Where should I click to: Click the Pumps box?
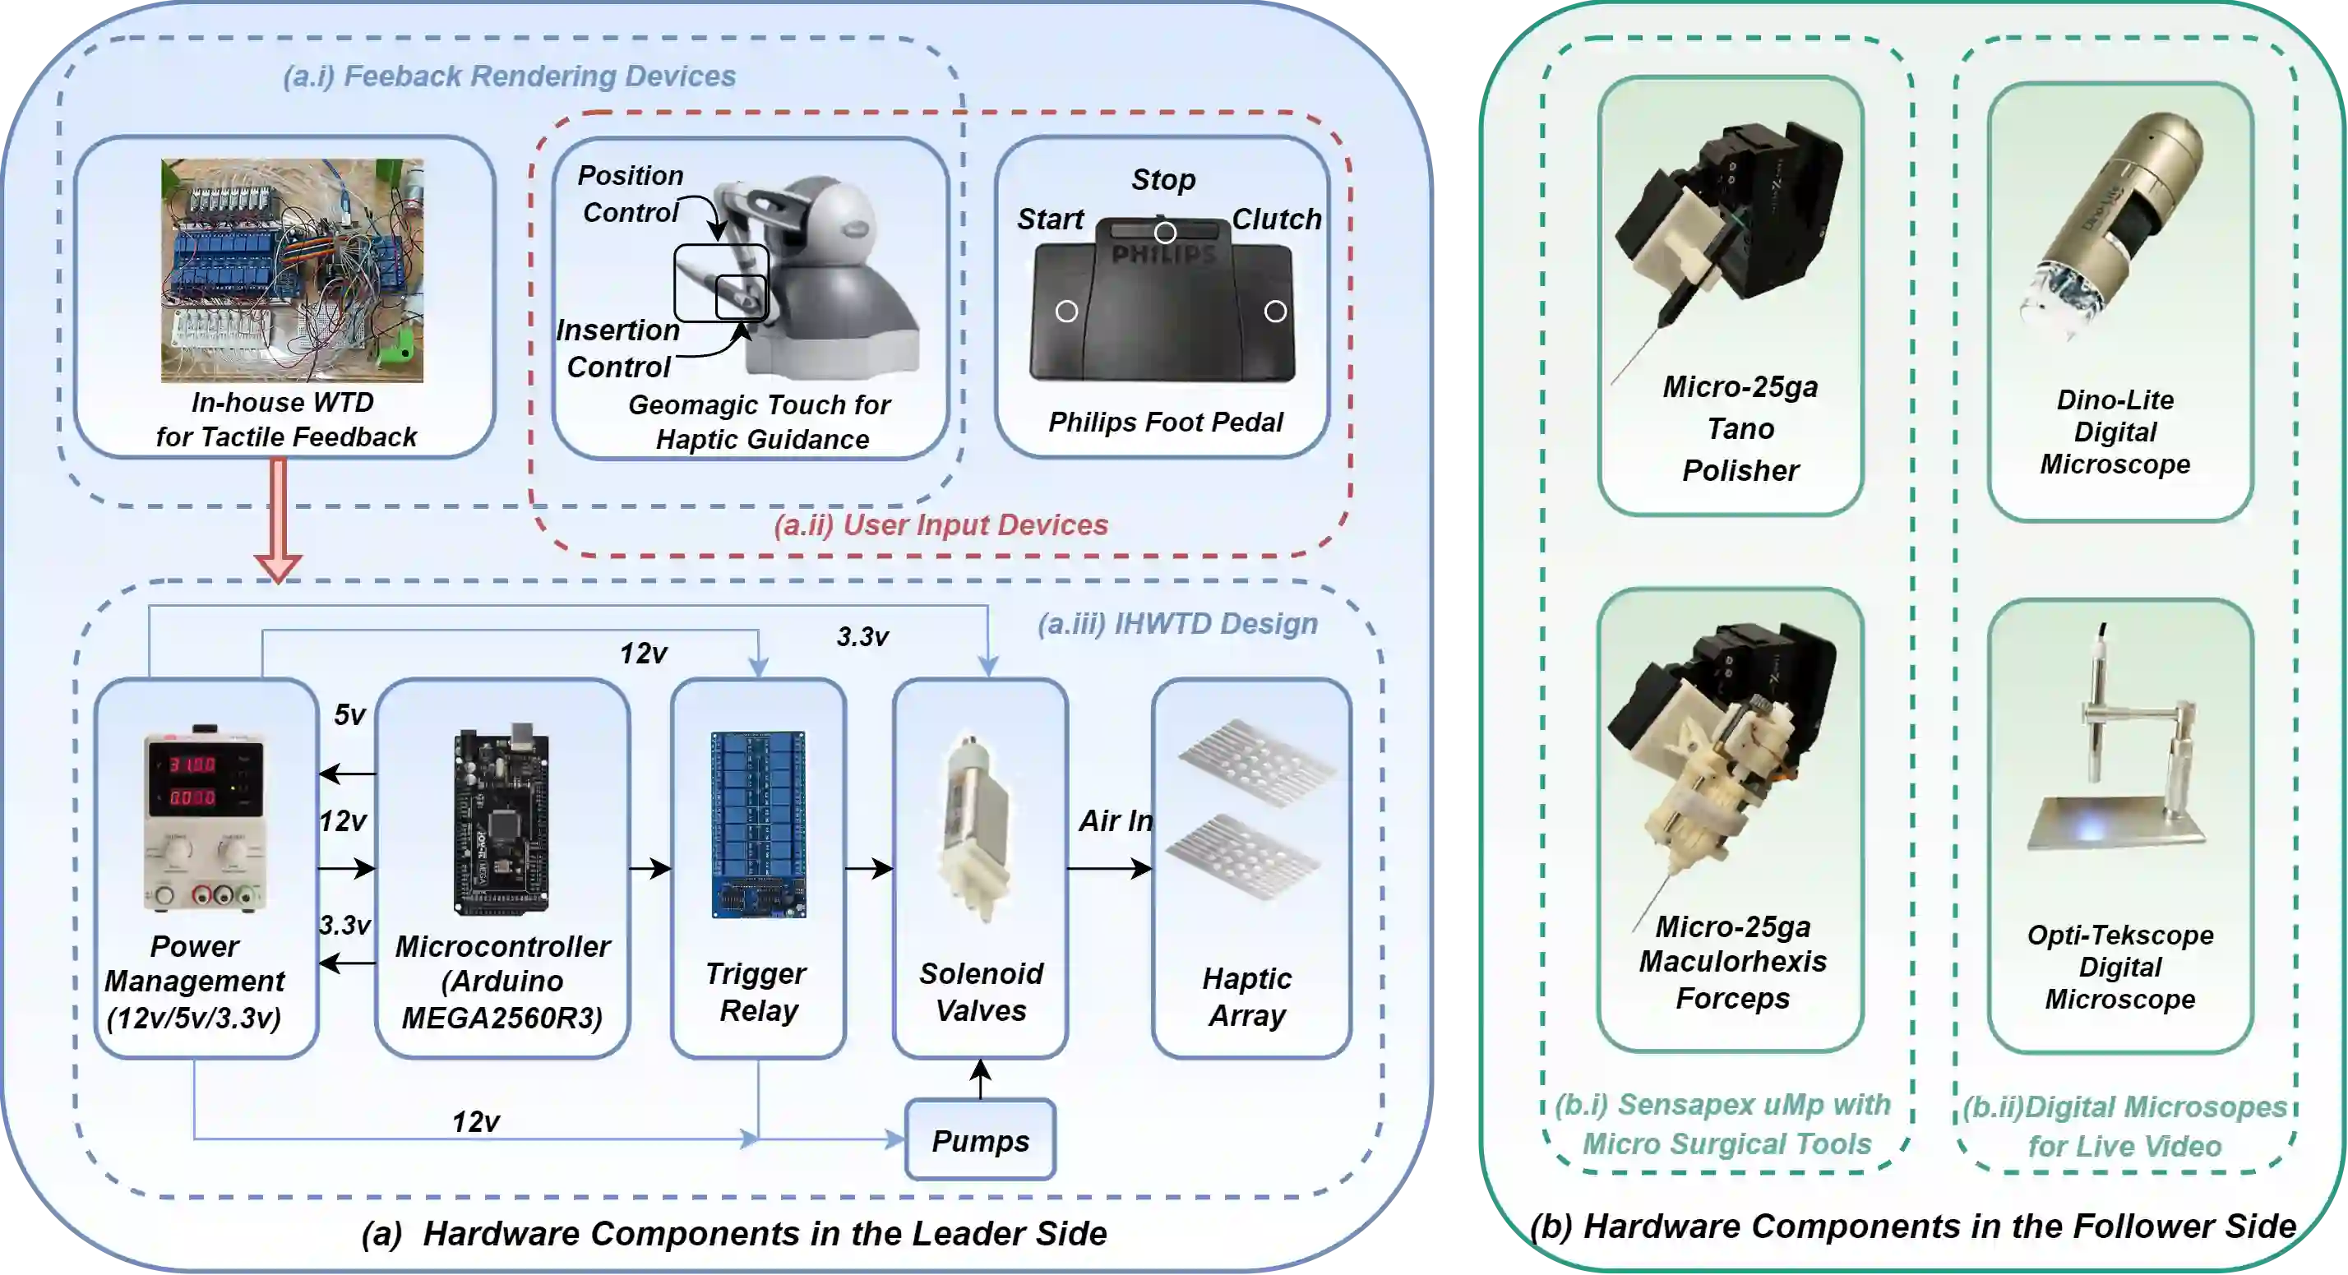(980, 1139)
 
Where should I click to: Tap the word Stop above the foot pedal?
(1163, 179)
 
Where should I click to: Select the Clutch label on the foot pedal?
(1276, 219)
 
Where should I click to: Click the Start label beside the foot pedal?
(1050, 219)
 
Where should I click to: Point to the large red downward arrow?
(278, 520)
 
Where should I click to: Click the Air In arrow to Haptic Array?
(1108, 869)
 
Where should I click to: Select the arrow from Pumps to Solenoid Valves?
(980, 1079)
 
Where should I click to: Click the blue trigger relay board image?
(758, 824)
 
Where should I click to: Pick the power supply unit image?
(205, 820)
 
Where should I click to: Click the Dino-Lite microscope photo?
(2115, 228)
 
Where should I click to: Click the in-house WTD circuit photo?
(292, 270)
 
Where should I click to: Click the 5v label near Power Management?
(349, 714)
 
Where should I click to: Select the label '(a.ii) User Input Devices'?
(941, 525)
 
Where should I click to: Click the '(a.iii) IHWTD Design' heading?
(1177, 623)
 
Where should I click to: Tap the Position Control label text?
(631, 193)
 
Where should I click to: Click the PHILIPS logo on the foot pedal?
(1164, 254)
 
